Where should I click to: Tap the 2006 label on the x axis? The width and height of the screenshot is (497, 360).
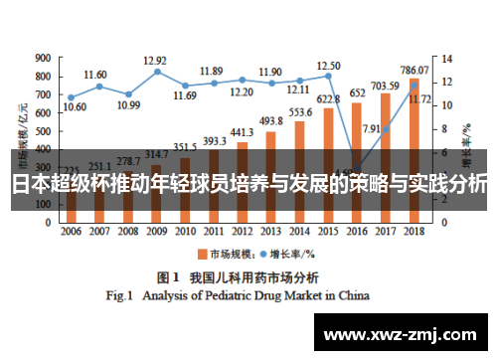71,231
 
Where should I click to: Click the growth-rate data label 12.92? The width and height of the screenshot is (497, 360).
155,60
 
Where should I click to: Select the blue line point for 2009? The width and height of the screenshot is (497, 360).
157,72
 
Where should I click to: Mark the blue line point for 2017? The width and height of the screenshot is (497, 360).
386,129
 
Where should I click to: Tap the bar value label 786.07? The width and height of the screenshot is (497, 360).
414,70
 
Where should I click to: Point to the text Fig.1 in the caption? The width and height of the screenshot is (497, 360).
121,295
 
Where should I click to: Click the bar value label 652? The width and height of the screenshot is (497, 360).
357,92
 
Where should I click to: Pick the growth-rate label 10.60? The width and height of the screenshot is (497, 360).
74,106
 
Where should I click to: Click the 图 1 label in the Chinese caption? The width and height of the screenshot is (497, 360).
165,275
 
